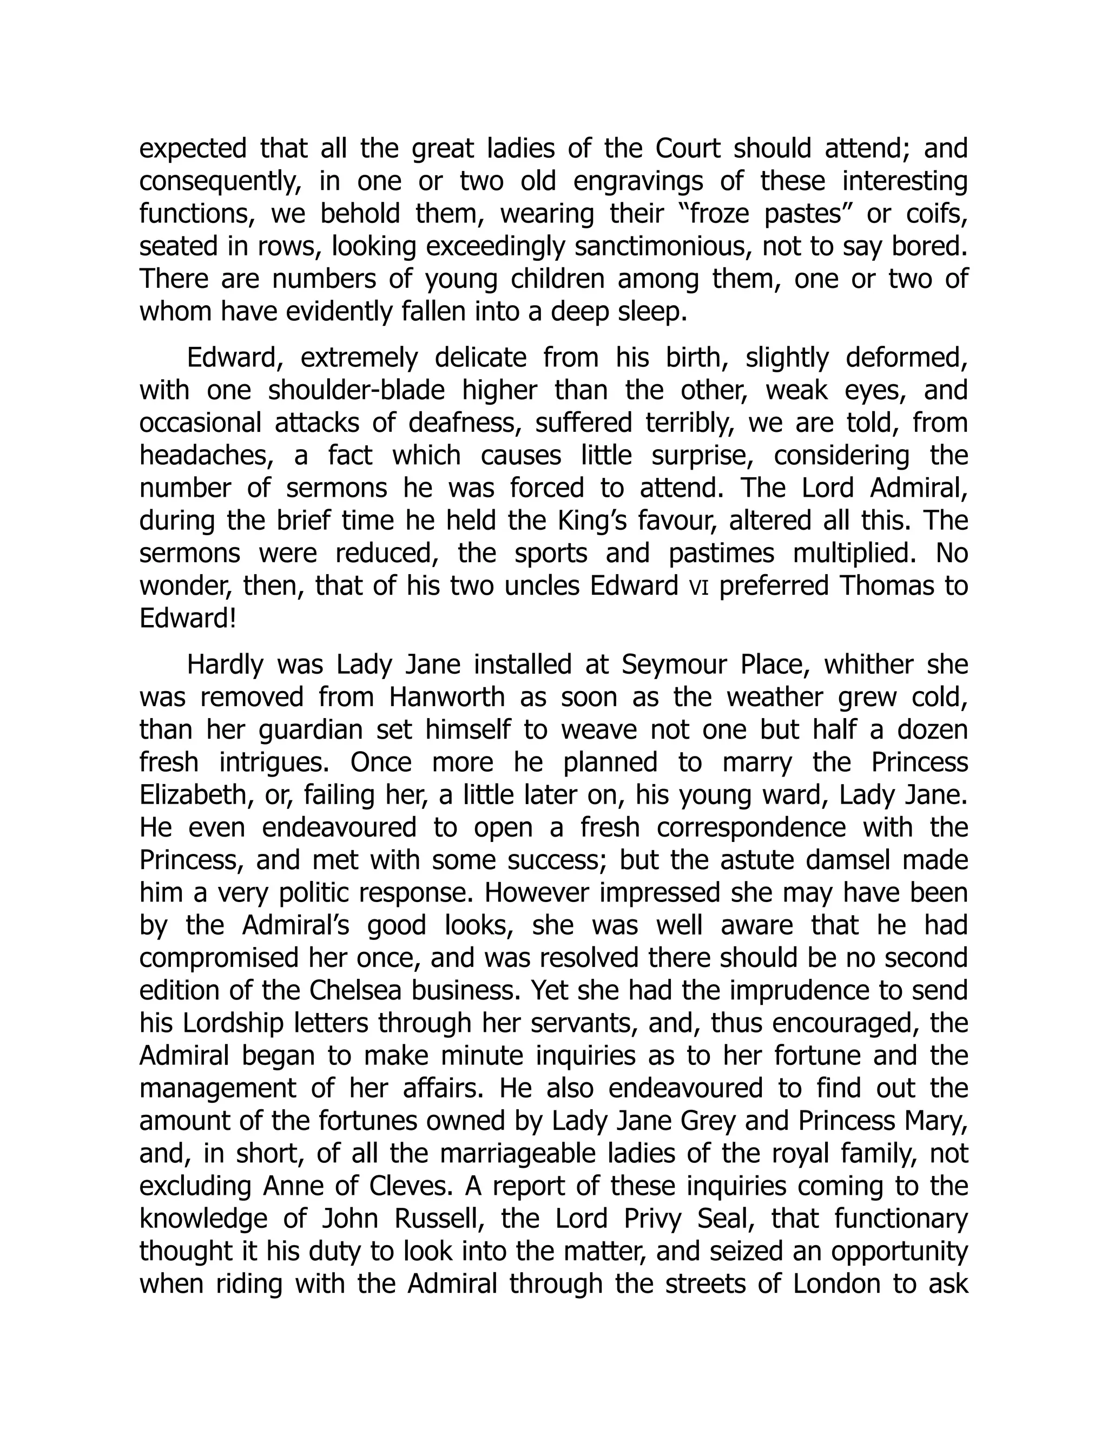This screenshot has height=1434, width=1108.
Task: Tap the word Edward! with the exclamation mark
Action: point(188,619)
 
